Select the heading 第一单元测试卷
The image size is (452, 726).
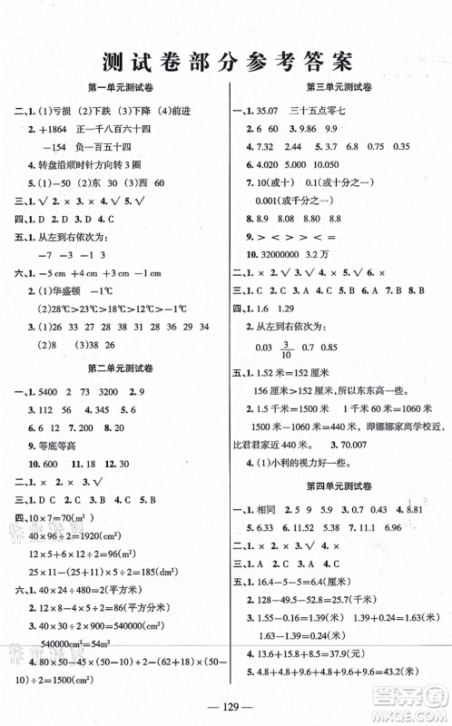click(120, 87)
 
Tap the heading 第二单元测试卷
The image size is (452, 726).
click(120, 369)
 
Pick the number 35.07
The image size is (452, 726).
click(271, 109)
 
